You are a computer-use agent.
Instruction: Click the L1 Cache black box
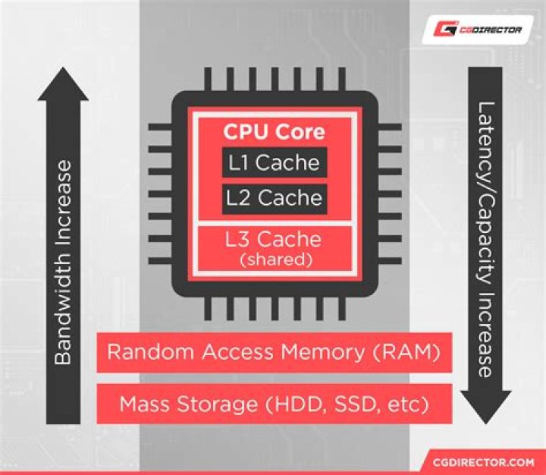[x=275, y=162]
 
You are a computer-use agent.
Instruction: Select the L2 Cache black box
[x=275, y=198]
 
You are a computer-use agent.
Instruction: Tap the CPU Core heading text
[x=274, y=132]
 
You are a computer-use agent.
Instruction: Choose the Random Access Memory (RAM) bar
[x=275, y=353]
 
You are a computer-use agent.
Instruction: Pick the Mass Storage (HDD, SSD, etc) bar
[x=275, y=404]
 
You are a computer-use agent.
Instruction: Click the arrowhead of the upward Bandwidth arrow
[x=63, y=83]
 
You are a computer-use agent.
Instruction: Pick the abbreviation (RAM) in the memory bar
[x=413, y=353]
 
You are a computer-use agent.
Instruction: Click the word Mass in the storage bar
[x=140, y=404]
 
